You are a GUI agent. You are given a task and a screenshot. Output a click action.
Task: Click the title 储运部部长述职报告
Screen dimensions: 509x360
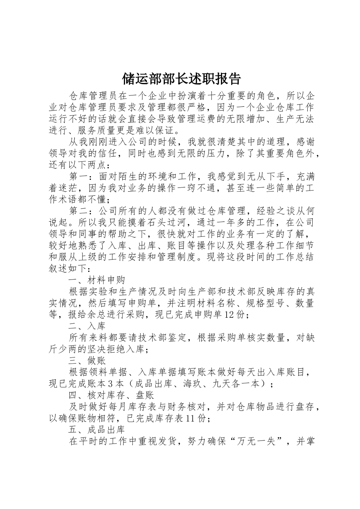pos(181,79)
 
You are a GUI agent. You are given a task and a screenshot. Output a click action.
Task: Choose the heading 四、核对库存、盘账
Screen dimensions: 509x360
pos(111,395)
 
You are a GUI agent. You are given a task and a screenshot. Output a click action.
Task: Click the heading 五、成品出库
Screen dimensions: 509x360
pos(97,430)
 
